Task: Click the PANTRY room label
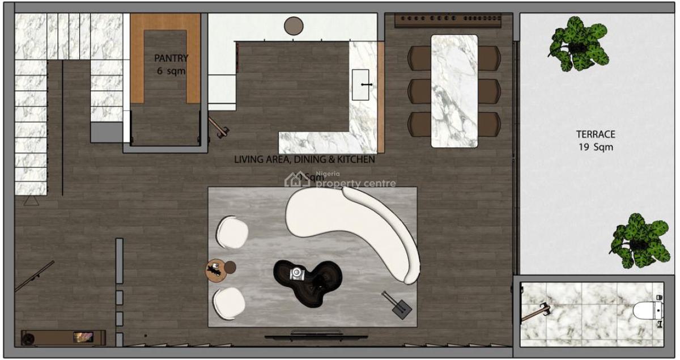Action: [x=171, y=58]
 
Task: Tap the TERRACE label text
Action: [x=596, y=134]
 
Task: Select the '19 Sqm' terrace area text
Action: [x=596, y=147]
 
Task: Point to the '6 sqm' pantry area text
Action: [x=171, y=71]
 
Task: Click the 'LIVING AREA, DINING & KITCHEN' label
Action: [x=304, y=159]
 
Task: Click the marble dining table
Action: [x=454, y=91]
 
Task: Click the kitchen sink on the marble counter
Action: [x=361, y=84]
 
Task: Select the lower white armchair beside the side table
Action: [x=229, y=303]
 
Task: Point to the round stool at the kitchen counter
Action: [x=294, y=26]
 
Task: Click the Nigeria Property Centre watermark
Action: [x=340, y=180]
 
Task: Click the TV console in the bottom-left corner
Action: [x=63, y=336]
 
